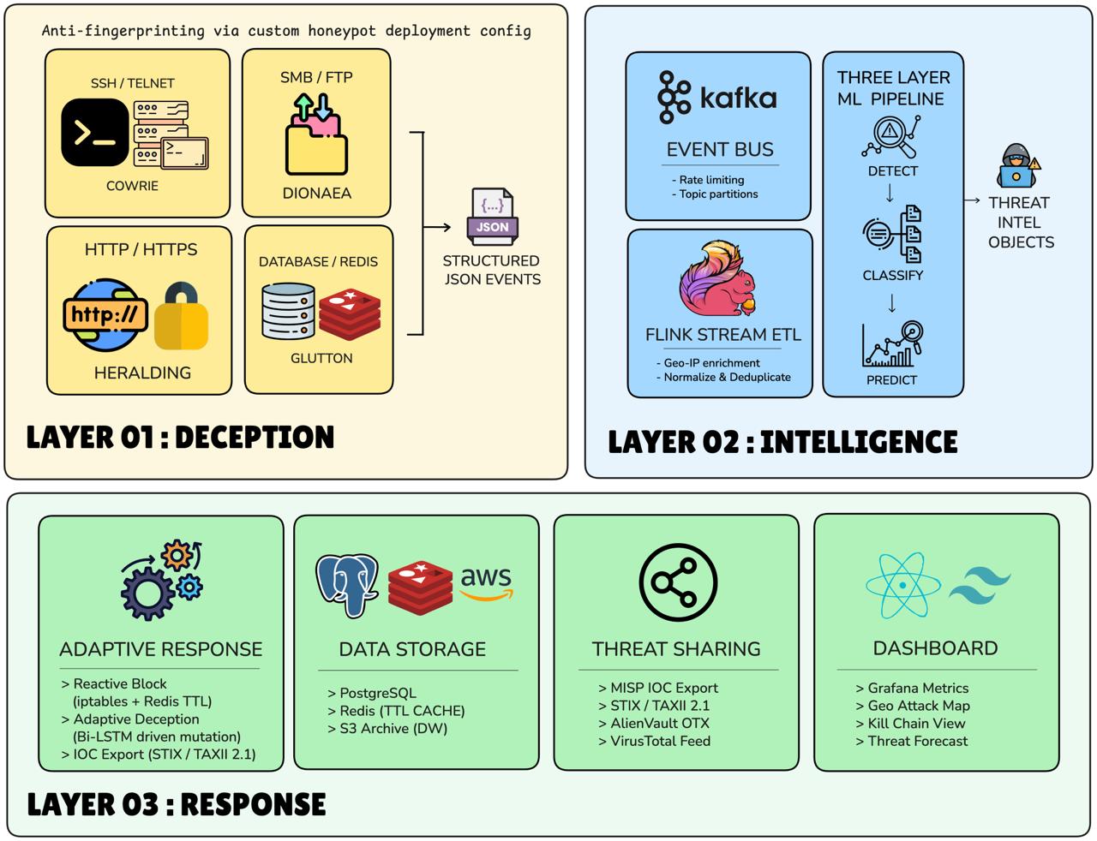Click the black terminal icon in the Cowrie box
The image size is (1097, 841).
point(95,132)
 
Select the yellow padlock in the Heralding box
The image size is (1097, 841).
point(181,316)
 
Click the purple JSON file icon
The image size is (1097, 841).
point(492,217)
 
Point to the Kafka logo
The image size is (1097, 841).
point(716,98)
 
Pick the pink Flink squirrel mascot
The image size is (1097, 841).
point(717,278)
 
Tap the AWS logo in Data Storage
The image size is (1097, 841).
point(487,582)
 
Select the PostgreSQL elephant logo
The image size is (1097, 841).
point(347,585)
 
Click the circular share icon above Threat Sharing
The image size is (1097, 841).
point(678,582)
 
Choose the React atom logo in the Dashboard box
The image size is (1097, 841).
point(903,585)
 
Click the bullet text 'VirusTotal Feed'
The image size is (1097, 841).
point(660,741)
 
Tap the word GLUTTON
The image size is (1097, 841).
point(321,358)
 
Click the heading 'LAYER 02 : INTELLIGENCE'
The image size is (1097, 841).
point(782,441)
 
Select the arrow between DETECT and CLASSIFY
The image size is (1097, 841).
point(890,194)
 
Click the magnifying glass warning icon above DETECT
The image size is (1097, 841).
point(891,136)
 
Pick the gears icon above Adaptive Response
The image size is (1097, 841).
point(161,580)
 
